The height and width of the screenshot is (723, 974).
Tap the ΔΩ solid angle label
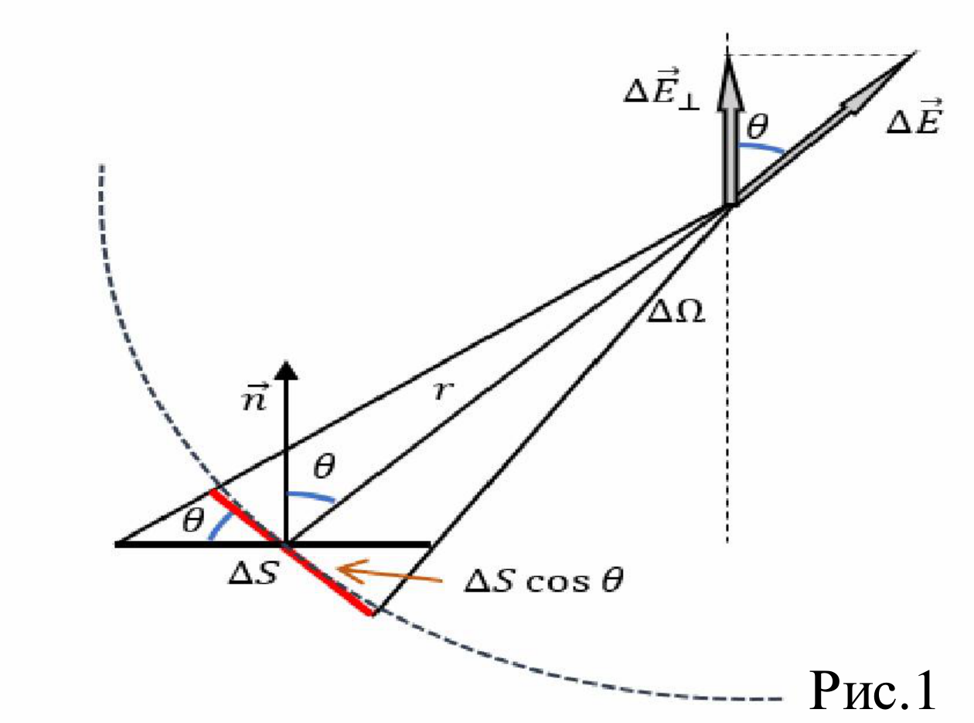click(x=676, y=312)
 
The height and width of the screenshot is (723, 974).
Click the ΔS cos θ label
click(x=544, y=581)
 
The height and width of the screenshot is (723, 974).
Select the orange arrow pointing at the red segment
click(x=389, y=573)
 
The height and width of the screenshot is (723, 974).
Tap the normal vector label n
click(x=254, y=397)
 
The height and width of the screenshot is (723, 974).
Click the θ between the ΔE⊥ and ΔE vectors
click(x=757, y=127)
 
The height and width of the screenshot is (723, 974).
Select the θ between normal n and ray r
click(x=324, y=467)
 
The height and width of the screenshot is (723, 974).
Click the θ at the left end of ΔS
click(x=193, y=522)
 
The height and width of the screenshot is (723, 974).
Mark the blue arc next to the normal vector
click(x=311, y=496)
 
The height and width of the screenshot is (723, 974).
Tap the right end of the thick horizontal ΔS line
click(x=431, y=544)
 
